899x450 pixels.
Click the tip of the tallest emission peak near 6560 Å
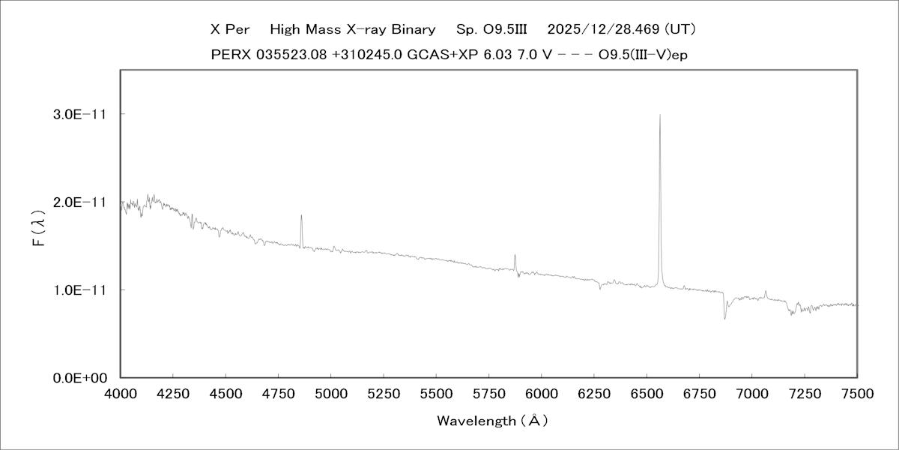click(x=659, y=115)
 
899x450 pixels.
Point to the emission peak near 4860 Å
click(x=301, y=215)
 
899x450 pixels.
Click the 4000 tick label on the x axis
click(x=121, y=393)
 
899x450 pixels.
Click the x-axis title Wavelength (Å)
click(x=492, y=421)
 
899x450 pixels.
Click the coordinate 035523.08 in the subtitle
click(x=289, y=55)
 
